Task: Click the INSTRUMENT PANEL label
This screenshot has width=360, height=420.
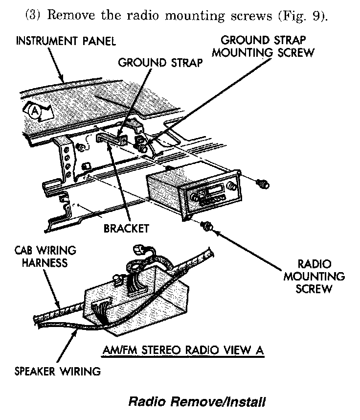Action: [x=67, y=41]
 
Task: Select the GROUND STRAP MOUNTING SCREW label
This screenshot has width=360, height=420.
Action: [x=267, y=47]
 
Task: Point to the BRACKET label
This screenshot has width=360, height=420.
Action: [x=126, y=228]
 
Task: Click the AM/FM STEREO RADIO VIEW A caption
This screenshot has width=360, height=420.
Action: [x=184, y=350]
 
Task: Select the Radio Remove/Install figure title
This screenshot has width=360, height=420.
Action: [x=197, y=402]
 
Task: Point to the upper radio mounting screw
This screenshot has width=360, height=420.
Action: [x=263, y=184]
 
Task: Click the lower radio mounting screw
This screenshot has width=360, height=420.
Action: [x=208, y=226]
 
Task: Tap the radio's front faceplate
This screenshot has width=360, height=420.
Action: [x=213, y=198]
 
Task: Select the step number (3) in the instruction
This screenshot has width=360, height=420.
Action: [x=33, y=15]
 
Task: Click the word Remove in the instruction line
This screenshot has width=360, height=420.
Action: [x=72, y=15]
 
